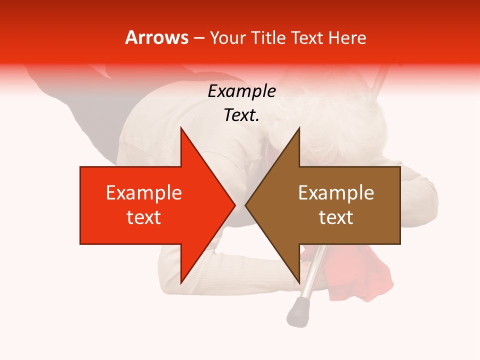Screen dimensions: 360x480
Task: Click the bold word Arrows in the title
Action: click(x=156, y=37)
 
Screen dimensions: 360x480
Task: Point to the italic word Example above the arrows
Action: click(x=241, y=91)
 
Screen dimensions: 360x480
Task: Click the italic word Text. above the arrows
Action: click(x=241, y=115)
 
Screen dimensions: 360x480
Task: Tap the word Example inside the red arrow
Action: click(x=144, y=193)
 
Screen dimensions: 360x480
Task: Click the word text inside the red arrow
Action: click(x=144, y=217)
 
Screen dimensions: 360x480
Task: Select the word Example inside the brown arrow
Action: click(x=336, y=193)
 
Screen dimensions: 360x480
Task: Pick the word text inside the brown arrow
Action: click(x=336, y=217)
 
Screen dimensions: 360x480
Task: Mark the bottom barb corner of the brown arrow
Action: click(x=299, y=282)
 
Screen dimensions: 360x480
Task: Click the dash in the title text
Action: click(x=198, y=38)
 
